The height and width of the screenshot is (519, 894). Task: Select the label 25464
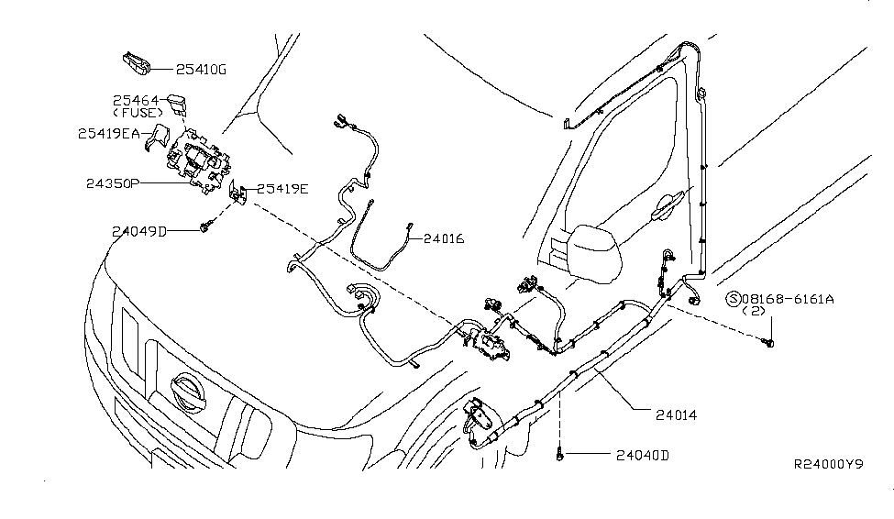[x=136, y=100]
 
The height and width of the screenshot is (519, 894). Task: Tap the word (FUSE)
[x=136, y=113]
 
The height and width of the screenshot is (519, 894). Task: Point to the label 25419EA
[x=109, y=133]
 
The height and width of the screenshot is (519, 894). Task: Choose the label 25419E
[x=282, y=190]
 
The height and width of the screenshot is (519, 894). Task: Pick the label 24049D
[x=139, y=231]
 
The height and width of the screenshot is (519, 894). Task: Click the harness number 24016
[x=444, y=239]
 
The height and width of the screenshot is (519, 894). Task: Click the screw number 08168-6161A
[x=789, y=298]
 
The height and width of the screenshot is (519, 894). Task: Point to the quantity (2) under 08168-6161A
[x=753, y=312]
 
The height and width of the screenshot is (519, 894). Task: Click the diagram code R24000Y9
[x=828, y=466]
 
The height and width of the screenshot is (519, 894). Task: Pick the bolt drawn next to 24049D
[x=205, y=226]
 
